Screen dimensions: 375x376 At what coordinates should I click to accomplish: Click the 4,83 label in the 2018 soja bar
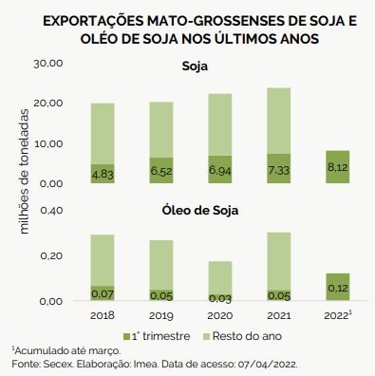tap(103, 175)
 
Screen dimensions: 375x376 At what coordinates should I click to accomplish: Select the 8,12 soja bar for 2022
tap(338, 167)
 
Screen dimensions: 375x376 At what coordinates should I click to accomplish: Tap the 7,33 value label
tap(278, 171)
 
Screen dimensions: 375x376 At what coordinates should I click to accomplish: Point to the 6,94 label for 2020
tap(220, 171)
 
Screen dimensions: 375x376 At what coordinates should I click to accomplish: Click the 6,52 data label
tap(161, 171)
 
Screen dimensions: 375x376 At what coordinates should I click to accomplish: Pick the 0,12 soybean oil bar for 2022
tap(338, 287)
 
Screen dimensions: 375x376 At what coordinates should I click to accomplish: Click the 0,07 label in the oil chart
tap(103, 294)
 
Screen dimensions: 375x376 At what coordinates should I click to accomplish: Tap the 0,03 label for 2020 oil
tap(220, 298)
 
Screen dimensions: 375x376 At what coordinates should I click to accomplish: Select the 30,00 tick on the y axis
tap(48, 64)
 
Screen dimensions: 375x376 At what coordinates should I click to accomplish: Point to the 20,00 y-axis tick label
tap(48, 103)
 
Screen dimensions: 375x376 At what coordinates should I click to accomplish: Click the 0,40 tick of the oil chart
tap(51, 211)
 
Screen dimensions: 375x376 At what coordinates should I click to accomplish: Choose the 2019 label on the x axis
tap(161, 315)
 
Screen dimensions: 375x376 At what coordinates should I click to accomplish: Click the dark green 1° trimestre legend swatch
tap(126, 336)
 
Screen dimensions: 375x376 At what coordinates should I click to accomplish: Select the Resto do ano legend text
tap(247, 336)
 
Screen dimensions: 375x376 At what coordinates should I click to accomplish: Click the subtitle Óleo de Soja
tap(200, 211)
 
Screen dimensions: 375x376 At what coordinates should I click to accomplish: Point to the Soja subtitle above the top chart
tap(195, 66)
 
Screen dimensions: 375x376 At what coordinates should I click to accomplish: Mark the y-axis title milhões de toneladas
tap(24, 171)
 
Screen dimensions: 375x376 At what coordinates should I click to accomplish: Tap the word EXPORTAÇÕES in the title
tap(93, 21)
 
